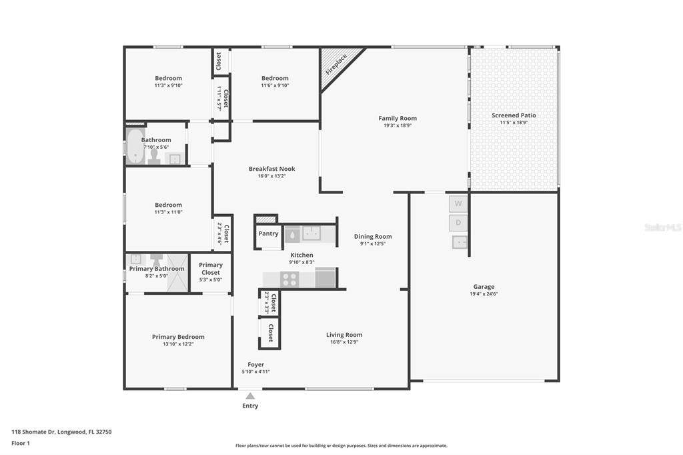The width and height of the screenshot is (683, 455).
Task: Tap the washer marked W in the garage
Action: pyautogui.click(x=458, y=203)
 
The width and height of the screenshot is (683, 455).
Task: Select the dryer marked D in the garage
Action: pyautogui.click(x=458, y=223)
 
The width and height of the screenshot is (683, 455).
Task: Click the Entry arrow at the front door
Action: pyautogui.click(x=250, y=396)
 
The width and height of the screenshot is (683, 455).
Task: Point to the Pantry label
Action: pyautogui.click(x=268, y=234)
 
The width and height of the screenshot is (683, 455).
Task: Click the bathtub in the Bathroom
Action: pyautogui.click(x=135, y=146)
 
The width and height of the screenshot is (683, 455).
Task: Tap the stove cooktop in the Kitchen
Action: pyautogui.click(x=289, y=279)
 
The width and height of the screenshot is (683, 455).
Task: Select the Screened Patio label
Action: pyautogui.click(x=514, y=115)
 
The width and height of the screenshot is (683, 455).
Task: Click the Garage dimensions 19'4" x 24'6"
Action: pyautogui.click(x=484, y=294)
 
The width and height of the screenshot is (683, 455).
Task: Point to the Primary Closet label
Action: pyautogui.click(x=211, y=268)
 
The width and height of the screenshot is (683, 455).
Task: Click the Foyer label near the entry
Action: pyautogui.click(x=255, y=364)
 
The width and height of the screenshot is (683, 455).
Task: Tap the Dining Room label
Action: pyautogui.click(x=373, y=237)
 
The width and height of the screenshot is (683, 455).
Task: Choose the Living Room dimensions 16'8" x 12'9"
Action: pyautogui.click(x=344, y=342)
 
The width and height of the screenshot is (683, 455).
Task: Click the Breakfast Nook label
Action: pyautogui.click(x=272, y=169)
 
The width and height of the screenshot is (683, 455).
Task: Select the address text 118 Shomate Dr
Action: pyautogui.click(x=33, y=432)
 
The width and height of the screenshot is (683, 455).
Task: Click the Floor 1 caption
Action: pyautogui.click(x=21, y=443)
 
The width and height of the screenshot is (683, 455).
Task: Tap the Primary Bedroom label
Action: pyautogui.click(x=178, y=337)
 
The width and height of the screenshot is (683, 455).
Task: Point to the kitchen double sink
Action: pyautogui.click(x=311, y=233)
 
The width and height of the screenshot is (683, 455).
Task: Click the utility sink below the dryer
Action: pyautogui.click(x=460, y=242)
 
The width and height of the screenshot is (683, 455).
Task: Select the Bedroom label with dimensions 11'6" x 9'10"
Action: pyautogui.click(x=275, y=79)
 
